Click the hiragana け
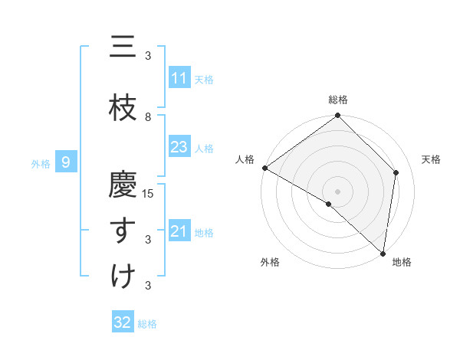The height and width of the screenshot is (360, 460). click(x=123, y=276)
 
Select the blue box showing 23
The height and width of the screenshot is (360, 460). click(x=179, y=147)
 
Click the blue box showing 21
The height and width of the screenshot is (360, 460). click(x=179, y=231)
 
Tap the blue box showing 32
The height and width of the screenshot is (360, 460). click(x=123, y=322)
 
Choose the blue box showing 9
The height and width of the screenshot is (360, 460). click(x=67, y=162)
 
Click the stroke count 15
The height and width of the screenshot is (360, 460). click(x=149, y=193)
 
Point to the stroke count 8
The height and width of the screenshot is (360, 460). click(x=148, y=116)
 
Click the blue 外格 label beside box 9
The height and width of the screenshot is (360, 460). click(x=41, y=162)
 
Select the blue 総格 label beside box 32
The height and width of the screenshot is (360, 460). click(x=147, y=324)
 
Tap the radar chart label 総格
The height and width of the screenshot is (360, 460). click(x=338, y=100)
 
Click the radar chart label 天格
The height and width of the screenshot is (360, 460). click(x=432, y=159)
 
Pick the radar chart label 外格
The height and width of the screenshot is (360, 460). click(x=270, y=262)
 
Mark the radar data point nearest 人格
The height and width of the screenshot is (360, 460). click(x=264, y=168)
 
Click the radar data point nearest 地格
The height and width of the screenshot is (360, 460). click(x=383, y=253)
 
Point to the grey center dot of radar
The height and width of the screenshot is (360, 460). click(x=338, y=191)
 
